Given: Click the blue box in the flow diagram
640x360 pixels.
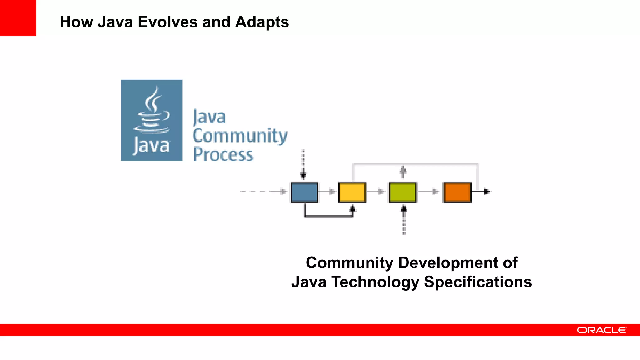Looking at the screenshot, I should coord(304,192).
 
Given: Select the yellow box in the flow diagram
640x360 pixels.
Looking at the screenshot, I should coord(352,192).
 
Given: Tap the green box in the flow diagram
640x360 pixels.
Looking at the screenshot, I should coord(402,192).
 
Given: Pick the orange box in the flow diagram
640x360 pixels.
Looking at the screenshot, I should coord(457,192).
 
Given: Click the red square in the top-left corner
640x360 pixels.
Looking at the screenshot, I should coord(18,18).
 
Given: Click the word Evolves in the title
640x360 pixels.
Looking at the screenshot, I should coord(167,22).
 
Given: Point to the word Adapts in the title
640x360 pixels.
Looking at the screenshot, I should coord(262,22).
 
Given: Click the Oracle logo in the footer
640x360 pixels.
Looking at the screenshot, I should coord(602,330).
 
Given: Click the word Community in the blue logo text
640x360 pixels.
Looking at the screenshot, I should coord(240,136).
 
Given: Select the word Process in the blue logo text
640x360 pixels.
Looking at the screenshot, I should coord(223,155).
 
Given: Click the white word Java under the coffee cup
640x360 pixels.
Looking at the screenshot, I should coord(152,146).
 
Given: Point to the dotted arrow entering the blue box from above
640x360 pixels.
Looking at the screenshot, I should coord(303,164).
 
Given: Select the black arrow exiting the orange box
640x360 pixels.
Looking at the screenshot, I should coord(481,191).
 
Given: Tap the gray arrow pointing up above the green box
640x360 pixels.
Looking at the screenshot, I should coord(403,172).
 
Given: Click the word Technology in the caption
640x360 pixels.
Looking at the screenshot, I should coord(375,282).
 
